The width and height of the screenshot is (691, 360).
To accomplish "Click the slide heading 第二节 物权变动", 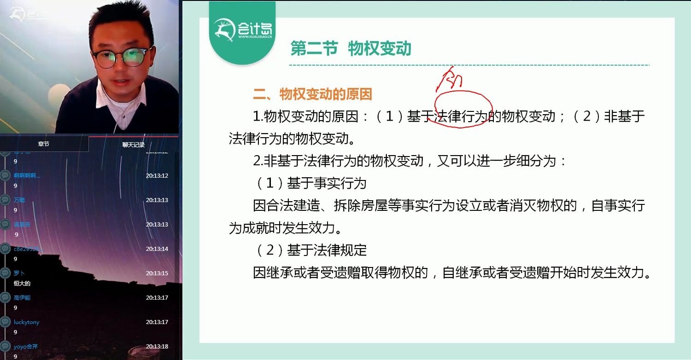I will (351, 48).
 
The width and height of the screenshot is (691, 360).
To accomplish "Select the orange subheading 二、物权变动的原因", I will (312, 94).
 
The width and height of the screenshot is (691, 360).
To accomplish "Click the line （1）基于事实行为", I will (311, 183).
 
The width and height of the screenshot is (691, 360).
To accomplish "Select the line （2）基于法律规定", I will (311, 250).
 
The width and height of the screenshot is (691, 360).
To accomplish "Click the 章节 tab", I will (44, 144).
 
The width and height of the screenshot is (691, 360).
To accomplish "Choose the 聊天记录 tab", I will (133, 145).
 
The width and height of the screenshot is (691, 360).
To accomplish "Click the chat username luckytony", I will (26, 322).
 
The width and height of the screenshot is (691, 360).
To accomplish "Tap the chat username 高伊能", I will (22, 298).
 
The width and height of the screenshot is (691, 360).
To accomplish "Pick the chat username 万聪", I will (19, 200).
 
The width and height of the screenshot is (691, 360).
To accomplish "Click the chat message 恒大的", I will (22, 283).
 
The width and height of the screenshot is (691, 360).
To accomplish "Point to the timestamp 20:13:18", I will (157, 347).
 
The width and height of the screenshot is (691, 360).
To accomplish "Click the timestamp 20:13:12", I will (157, 176).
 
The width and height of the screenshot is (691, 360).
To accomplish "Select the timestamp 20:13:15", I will (157, 273).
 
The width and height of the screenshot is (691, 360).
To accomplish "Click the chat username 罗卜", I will (19, 273).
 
